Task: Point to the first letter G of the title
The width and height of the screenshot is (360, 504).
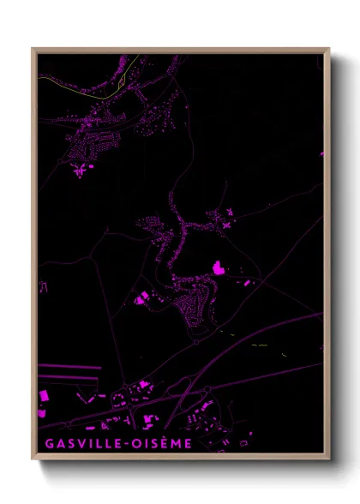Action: click(44, 444)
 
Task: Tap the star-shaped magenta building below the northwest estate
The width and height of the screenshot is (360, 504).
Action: click(80, 171)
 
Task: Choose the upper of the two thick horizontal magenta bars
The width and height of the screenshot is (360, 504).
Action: click(69, 366)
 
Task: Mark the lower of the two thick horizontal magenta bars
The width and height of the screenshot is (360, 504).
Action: click(69, 375)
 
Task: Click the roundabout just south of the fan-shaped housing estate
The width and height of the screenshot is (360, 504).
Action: click(196, 340)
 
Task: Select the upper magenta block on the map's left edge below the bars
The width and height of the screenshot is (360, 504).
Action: click(43, 396)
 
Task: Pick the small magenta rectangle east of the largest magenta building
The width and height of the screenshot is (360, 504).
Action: click(248, 281)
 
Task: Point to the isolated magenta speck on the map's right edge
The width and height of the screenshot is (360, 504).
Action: click(322, 154)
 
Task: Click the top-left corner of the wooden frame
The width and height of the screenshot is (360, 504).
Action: click(33, 50)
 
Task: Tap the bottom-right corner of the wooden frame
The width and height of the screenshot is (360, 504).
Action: click(328, 459)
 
